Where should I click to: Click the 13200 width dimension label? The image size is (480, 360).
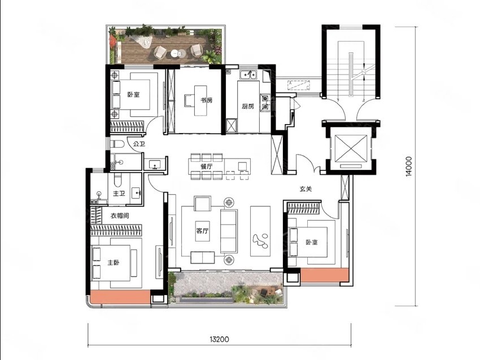click(220, 339)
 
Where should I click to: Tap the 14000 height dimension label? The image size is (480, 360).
click(409, 166)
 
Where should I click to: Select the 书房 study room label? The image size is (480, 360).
click(206, 100)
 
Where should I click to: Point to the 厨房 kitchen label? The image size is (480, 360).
click(248, 107)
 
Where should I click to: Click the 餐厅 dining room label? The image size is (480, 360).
click(207, 166)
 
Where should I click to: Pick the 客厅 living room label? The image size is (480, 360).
click(202, 231)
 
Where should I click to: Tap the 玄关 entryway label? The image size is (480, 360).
click(306, 189)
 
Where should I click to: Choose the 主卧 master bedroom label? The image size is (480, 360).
click(114, 262)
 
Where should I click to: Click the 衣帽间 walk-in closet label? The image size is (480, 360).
click(120, 216)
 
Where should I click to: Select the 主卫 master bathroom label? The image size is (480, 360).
click(119, 194)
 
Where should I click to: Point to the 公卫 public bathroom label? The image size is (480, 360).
click(139, 143)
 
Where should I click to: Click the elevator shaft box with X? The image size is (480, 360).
click(351, 148)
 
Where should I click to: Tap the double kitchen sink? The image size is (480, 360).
click(248, 74)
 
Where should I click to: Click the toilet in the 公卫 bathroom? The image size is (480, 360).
click(116, 143)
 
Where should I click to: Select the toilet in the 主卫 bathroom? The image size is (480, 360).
click(118, 180)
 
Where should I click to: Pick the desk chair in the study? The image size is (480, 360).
click(189, 100)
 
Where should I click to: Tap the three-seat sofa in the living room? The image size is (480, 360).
click(229, 231)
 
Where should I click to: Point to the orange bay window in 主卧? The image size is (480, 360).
click(121, 297)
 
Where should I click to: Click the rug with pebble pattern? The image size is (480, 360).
click(260, 231)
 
